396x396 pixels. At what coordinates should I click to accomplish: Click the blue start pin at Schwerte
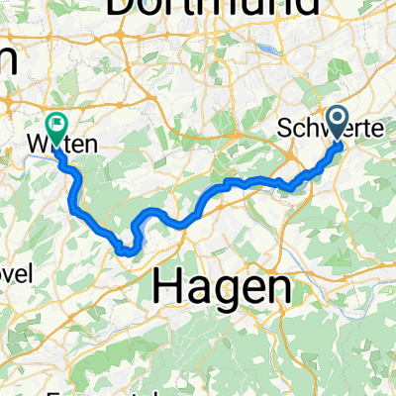338,124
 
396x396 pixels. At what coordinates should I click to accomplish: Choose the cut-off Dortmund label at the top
213,8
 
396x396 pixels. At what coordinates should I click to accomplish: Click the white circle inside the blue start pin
338,119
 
